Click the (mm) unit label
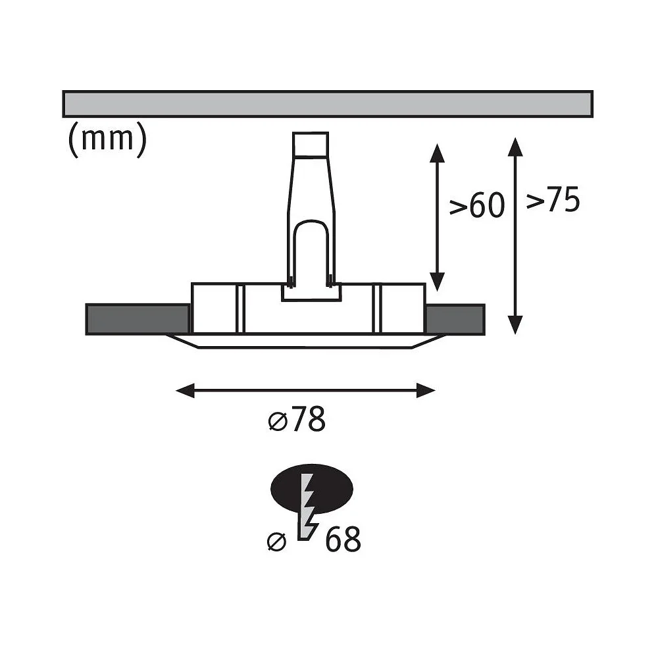[107, 139]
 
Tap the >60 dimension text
[476, 205]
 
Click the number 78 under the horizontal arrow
[309, 418]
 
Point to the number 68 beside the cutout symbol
[343, 540]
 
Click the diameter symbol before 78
[277, 421]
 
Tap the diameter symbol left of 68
[276, 542]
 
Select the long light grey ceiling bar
[328, 104]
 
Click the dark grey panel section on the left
[138, 319]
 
